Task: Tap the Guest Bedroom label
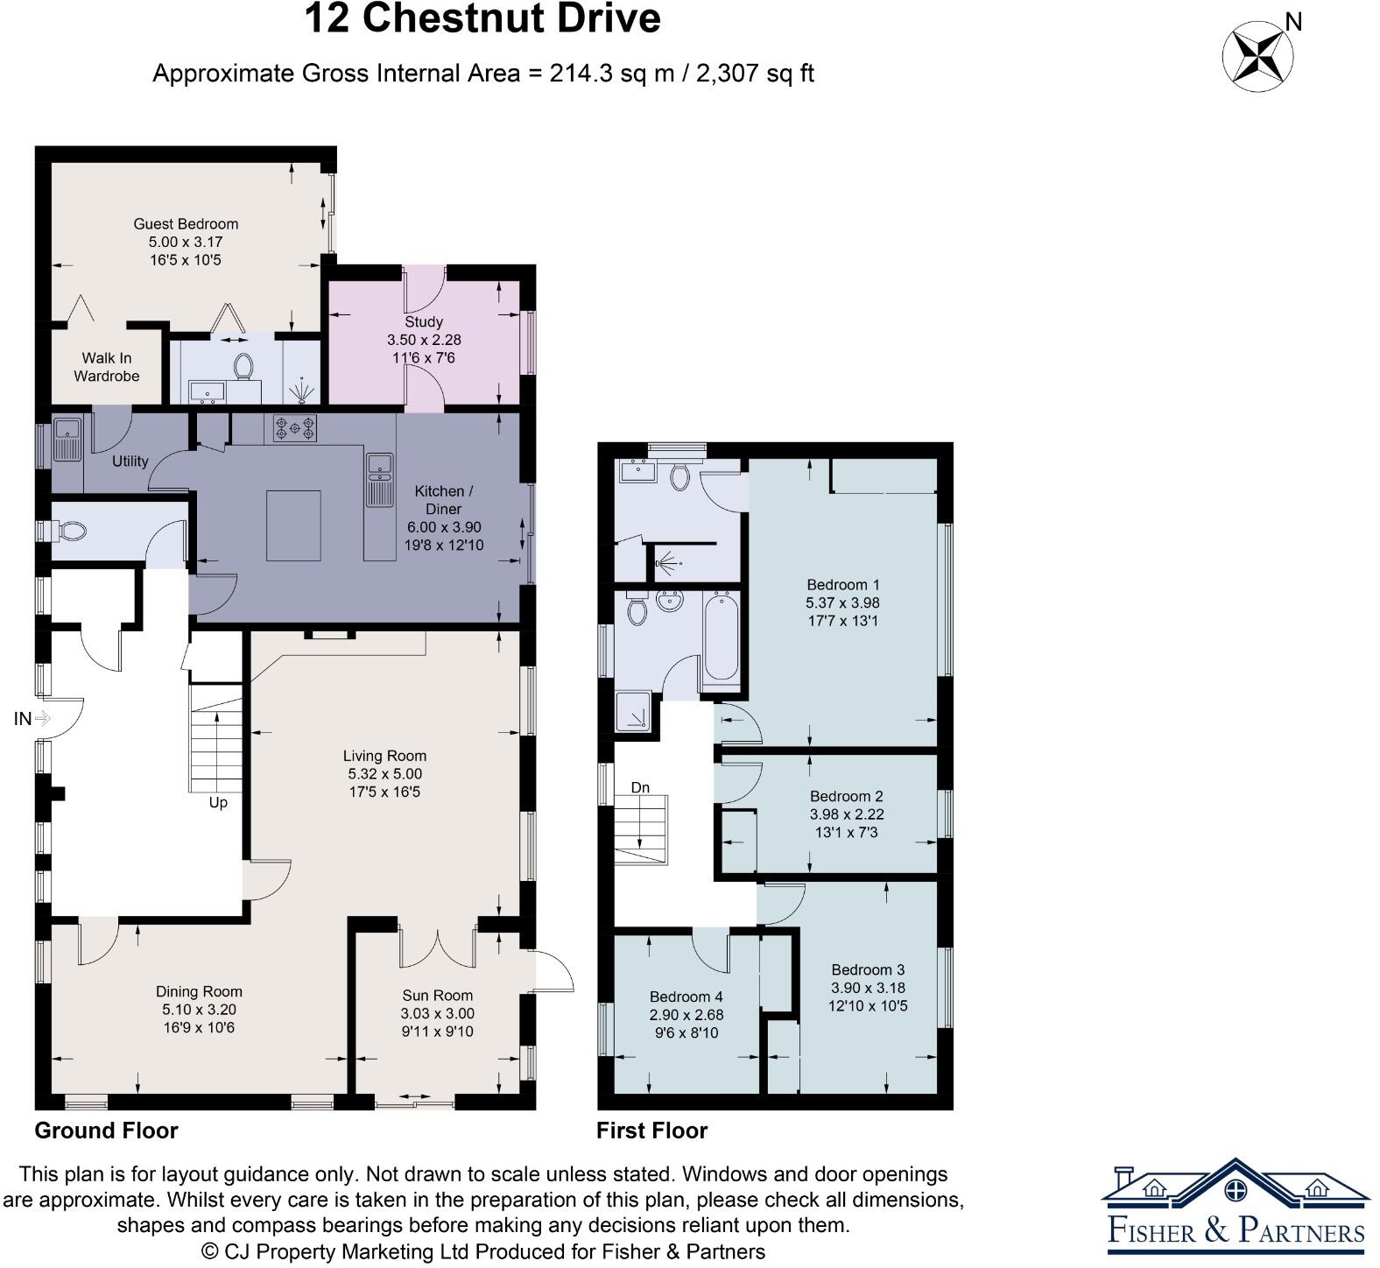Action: [x=186, y=224]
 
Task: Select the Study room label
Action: [x=424, y=321]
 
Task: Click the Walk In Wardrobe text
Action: [x=106, y=367]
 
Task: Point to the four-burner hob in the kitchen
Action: [x=295, y=427]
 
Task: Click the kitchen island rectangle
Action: [x=294, y=525]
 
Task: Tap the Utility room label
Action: [x=130, y=461]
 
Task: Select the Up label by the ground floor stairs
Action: [x=218, y=802]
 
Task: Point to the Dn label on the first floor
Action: [x=641, y=787]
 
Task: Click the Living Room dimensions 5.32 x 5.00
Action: [x=385, y=774]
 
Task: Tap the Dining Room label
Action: [x=199, y=991]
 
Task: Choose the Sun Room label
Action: [x=438, y=995]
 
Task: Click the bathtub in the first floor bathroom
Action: [x=720, y=636]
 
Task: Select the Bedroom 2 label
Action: [x=847, y=796]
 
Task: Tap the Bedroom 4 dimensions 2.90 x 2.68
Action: [x=686, y=1015]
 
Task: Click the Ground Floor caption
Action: [x=106, y=1131]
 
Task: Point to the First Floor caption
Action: [x=652, y=1131]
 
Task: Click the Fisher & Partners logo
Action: [x=1236, y=1206]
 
